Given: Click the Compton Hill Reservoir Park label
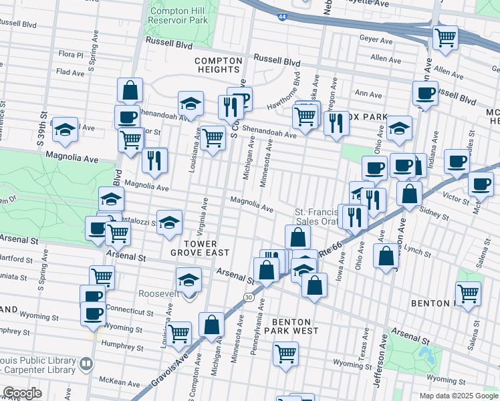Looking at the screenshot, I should point(178,15).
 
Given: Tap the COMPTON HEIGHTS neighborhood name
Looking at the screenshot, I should point(217,65).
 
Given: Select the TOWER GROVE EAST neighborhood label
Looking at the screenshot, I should point(199,248).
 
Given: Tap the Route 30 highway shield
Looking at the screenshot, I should point(248,297).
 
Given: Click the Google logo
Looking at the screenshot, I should point(22,392).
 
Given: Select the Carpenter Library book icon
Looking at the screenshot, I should point(85,364).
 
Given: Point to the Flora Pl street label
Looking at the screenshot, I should point(71,54).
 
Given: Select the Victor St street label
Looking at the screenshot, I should point(456,200).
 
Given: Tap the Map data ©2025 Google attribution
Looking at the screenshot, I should point(458,396).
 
